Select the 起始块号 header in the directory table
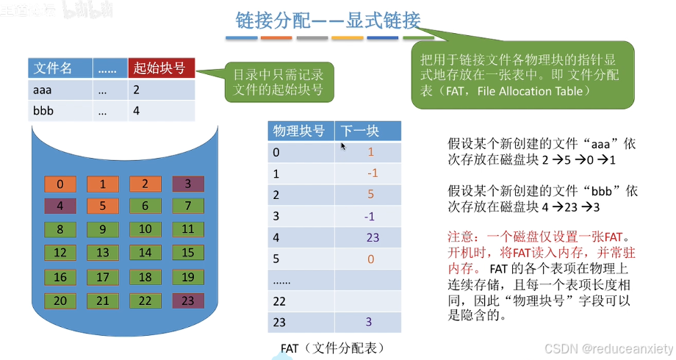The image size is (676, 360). pyautogui.click(x=160, y=68)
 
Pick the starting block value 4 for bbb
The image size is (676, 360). pyautogui.click(x=137, y=111)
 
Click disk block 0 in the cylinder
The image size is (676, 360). pyautogui.click(x=60, y=184)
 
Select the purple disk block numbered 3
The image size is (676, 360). pyautogui.click(x=188, y=184)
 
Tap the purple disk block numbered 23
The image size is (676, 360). pyautogui.click(x=188, y=300)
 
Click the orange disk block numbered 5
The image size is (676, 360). pyautogui.click(x=103, y=206)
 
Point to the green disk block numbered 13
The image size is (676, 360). pyautogui.click(x=103, y=253)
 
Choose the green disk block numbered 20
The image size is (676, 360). pyautogui.click(x=60, y=300)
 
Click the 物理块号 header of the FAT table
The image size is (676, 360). pyautogui.click(x=299, y=132)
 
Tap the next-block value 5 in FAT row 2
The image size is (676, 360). pyautogui.click(x=371, y=195)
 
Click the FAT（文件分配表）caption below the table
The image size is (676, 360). pyautogui.click(x=332, y=348)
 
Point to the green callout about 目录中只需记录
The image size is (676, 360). pyautogui.click(x=278, y=82)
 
